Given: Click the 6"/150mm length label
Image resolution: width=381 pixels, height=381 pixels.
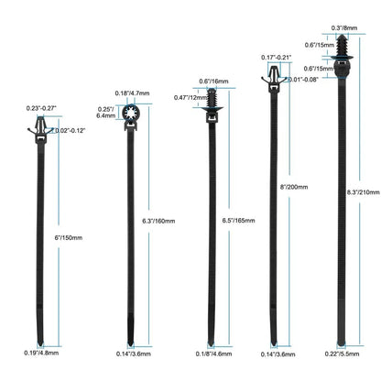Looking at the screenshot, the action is tap(69, 237).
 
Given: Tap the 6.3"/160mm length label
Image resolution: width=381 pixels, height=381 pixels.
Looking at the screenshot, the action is tap(158, 221).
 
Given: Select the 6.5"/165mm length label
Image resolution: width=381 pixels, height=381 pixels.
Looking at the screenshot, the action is tap(238, 220).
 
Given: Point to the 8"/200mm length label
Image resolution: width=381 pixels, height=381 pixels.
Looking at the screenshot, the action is tap(294, 187).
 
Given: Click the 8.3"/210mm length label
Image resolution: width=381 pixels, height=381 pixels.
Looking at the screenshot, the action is tap(364, 192).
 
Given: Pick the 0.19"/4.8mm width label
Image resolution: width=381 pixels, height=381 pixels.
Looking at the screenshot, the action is tap(41, 353).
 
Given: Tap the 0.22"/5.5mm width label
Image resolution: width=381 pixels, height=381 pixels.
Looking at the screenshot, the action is tap(342, 354).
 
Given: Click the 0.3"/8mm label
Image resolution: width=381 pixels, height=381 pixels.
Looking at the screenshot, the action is tap(344, 27).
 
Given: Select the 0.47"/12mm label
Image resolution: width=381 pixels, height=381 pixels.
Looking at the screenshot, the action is tap(190, 97).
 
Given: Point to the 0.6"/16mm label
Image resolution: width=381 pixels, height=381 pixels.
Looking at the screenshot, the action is tap(213, 81).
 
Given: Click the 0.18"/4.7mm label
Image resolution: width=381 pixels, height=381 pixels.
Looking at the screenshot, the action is tap(132, 93).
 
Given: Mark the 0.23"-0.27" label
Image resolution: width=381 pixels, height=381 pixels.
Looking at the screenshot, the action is tap(41, 108).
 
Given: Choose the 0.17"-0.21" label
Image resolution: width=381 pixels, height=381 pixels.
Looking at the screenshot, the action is tap(277, 57).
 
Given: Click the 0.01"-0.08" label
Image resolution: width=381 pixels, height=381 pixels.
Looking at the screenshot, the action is tap(304, 80).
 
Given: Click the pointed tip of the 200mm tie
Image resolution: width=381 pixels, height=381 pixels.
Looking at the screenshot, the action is tap(274, 344).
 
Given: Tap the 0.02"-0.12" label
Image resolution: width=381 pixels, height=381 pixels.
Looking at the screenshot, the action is tap(70, 130).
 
